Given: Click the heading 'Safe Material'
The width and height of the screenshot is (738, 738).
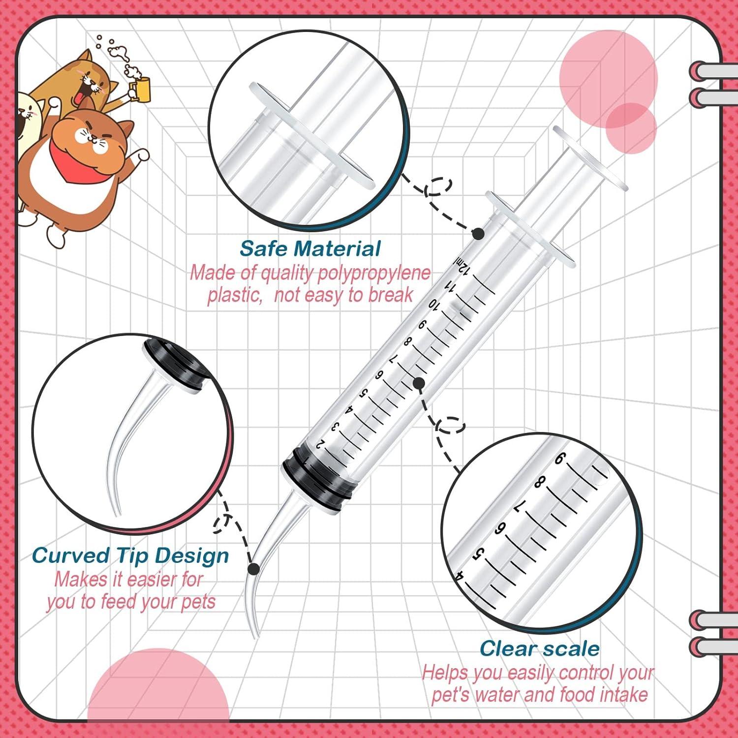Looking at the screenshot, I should tap(310, 248).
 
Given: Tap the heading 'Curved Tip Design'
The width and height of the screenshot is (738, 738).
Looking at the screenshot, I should tap(130, 555).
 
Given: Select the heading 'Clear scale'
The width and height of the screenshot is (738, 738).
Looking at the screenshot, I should tap(539, 648).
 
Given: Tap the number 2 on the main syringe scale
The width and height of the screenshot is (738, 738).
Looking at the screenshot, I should tap(320, 444).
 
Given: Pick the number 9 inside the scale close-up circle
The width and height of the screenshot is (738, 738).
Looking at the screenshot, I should tap(560, 459).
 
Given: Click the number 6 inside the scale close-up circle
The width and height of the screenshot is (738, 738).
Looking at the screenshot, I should tap(499, 528).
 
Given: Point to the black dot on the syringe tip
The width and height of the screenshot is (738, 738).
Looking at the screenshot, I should tap(253, 569).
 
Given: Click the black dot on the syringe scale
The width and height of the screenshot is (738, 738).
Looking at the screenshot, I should tap(419, 383).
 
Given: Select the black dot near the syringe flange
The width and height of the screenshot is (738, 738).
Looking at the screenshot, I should tap(478, 234).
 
